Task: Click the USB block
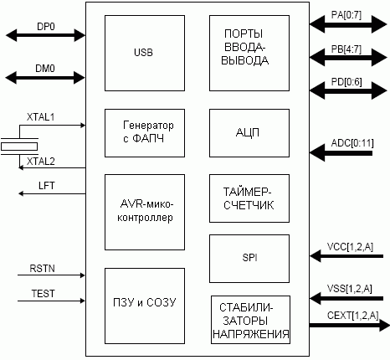point(145,53)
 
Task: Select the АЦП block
point(249,133)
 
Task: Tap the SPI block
point(249,259)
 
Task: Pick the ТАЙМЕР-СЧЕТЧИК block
point(249,198)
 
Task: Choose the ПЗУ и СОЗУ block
point(145,306)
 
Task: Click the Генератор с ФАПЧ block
point(145,133)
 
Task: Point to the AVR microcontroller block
point(145,212)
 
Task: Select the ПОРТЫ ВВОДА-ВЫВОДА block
point(249,53)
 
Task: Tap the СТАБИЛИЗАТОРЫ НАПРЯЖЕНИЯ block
point(250,320)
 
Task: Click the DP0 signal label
point(46,27)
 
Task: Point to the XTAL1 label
point(40,117)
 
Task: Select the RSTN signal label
point(42,269)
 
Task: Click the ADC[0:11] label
point(352,143)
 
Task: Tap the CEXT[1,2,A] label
point(353,316)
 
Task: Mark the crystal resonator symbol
point(19,147)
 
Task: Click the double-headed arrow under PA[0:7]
point(348,24)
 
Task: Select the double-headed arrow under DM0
point(45,77)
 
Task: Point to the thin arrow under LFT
point(52,193)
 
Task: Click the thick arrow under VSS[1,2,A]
point(346,299)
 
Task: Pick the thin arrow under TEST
point(51,301)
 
